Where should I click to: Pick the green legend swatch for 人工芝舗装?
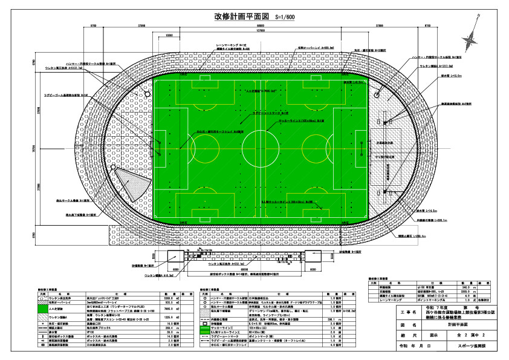pyautogui.click(x=42, y=307)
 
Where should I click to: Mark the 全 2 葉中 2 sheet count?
pyautogui.click(x=475, y=334)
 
